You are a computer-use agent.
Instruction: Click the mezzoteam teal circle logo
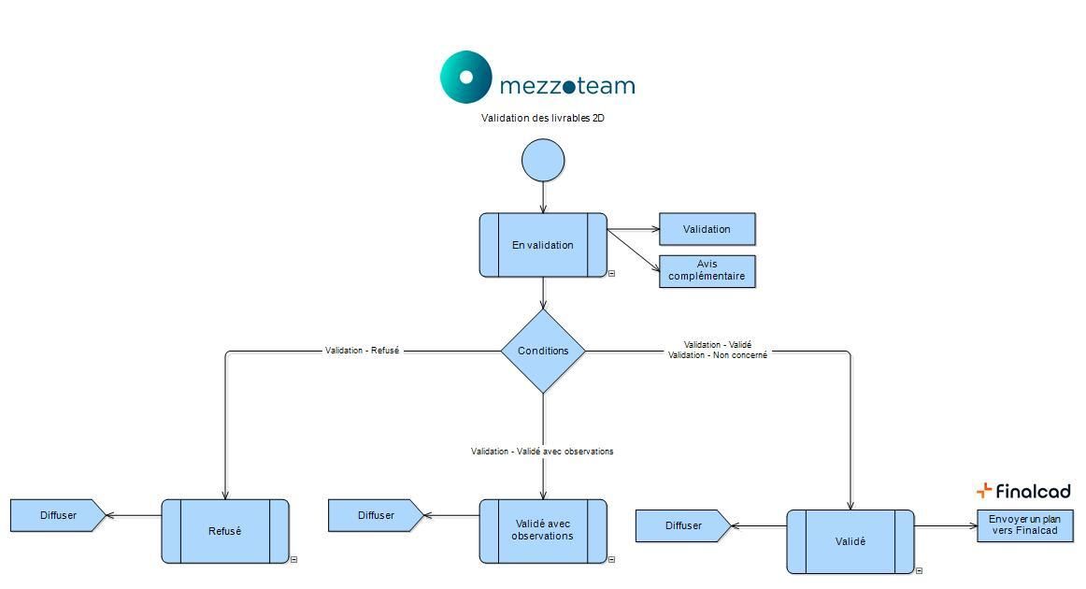point(465,77)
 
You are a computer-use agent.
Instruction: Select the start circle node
point(543,161)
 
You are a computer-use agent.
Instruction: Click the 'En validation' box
point(543,245)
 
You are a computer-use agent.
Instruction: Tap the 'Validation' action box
point(707,229)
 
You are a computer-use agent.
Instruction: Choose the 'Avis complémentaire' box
point(707,271)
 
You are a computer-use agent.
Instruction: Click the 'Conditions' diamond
point(543,352)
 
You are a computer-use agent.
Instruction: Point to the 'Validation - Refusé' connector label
point(362,351)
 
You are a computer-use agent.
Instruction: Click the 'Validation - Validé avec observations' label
point(542,452)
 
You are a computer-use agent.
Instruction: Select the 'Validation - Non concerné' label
point(718,355)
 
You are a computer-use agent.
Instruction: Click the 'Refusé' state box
point(225,531)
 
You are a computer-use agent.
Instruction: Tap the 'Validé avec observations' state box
point(543,530)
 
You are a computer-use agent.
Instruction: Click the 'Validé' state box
point(850,541)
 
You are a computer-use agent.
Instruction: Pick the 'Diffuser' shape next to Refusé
point(57,515)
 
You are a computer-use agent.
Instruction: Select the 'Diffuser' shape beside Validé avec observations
point(375,515)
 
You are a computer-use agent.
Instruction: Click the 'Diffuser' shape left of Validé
point(682,525)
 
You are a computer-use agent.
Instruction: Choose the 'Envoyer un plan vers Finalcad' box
point(1024,525)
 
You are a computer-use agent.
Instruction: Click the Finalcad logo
point(1023,491)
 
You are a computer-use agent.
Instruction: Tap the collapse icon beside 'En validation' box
point(611,274)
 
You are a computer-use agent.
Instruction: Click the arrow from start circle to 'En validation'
point(543,196)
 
